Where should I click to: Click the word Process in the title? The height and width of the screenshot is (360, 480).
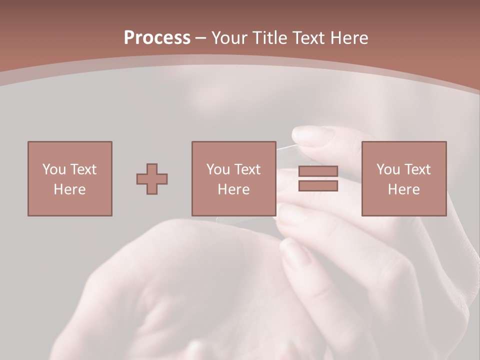click(157, 37)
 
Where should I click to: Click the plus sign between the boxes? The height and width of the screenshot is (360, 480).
click(152, 179)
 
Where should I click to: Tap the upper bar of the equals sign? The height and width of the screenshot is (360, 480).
click(318, 171)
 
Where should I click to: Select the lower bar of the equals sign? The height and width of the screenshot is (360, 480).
click(318, 186)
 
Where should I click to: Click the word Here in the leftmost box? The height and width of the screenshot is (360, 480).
click(69, 189)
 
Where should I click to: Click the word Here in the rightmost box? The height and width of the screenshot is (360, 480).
click(403, 189)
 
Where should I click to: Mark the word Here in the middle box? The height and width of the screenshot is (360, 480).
click(234, 189)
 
